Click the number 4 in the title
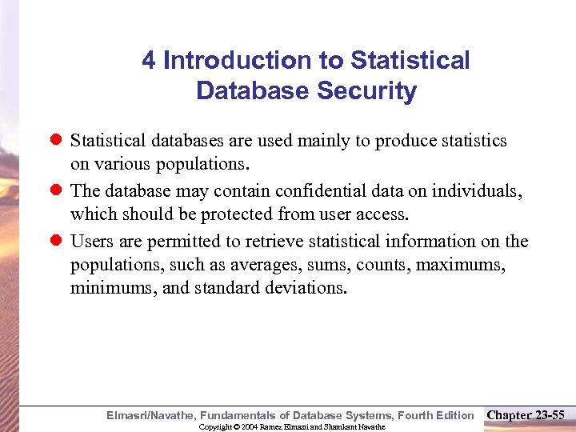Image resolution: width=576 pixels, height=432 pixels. [x=149, y=61]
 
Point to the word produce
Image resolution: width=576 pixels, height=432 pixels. [x=406, y=141]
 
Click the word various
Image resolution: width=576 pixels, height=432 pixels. [x=128, y=164]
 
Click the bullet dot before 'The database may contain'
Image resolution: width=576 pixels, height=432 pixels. [x=56, y=191]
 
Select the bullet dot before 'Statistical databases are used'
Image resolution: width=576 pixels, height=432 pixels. [x=56, y=141]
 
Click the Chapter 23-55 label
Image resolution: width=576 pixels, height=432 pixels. [x=526, y=414]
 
